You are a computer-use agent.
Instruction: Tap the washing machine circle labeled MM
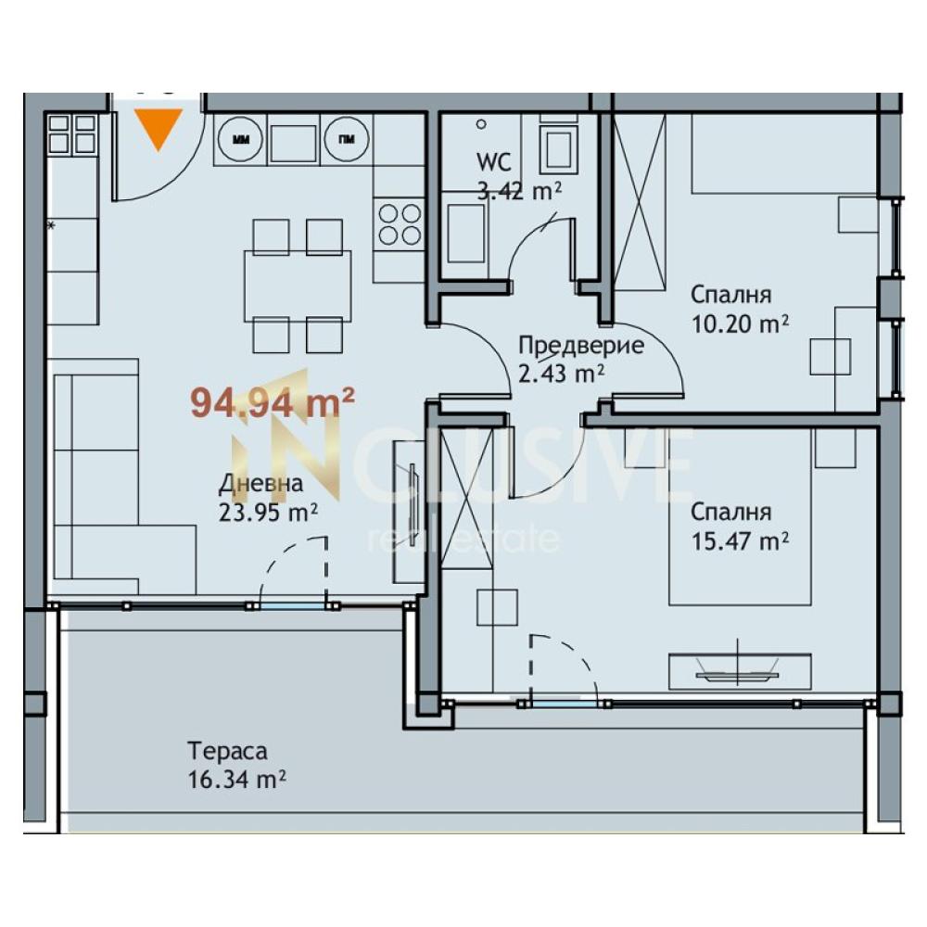[x=241, y=140]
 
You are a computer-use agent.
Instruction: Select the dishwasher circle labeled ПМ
[x=347, y=140]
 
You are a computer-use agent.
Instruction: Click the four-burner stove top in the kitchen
[x=400, y=223]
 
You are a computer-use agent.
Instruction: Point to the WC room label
[x=494, y=161]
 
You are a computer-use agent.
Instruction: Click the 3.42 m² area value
[x=519, y=191]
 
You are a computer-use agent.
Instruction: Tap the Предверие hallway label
[x=580, y=345]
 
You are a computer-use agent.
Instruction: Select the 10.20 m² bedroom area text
[x=740, y=324]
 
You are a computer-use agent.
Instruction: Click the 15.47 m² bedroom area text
[x=740, y=541]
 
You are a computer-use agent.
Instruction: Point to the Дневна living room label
[x=260, y=484]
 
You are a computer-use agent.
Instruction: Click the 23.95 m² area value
[x=269, y=513]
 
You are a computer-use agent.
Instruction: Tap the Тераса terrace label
[x=228, y=751]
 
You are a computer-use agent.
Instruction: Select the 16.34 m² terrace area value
[x=237, y=780]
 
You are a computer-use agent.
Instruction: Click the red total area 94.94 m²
[x=273, y=403]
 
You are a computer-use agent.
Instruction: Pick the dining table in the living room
[x=298, y=286]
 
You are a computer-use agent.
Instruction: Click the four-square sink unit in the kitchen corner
[x=71, y=134]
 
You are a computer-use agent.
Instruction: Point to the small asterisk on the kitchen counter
[x=51, y=225]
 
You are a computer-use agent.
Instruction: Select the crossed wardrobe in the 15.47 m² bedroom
[x=467, y=498]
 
